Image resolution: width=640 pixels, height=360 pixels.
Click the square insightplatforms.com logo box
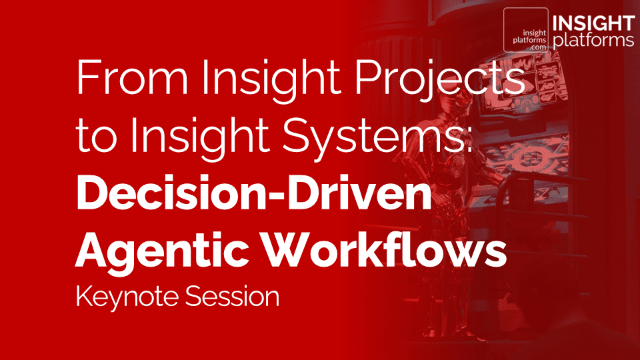tap(525, 30)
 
